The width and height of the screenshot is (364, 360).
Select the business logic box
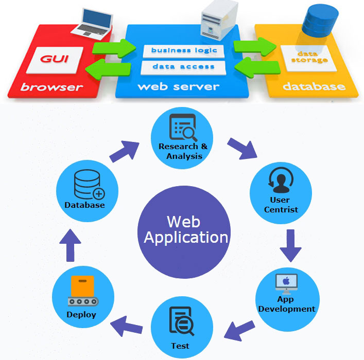184,50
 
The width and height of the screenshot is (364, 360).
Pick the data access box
184,67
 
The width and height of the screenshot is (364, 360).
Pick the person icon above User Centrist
281,180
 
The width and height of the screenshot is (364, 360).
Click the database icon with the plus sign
88,185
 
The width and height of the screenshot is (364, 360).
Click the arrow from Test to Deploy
127,323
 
